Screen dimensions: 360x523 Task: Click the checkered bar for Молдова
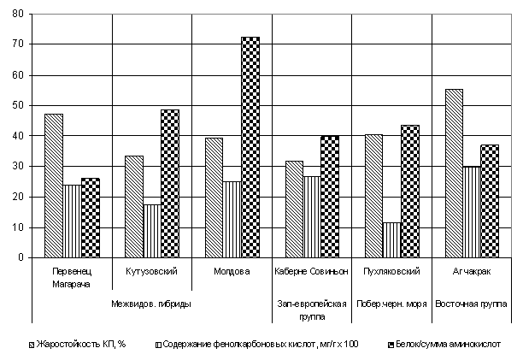(x=250, y=147)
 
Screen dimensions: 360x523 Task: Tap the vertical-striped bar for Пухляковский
(x=392, y=240)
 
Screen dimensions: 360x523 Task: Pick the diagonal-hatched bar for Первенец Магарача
(x=54, y=186)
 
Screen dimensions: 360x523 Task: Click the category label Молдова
(x=232, y=271)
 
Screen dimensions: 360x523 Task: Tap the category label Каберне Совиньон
(x=312, y=271)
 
